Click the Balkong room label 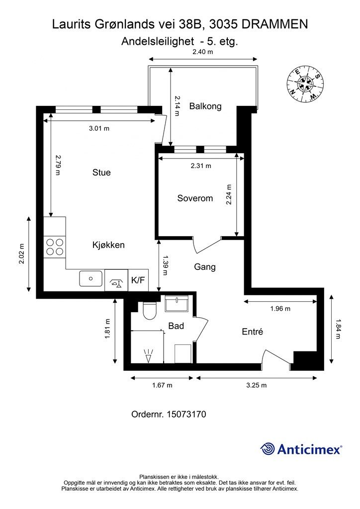205,106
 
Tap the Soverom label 195,198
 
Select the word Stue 101,172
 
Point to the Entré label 252,332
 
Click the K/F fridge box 138,280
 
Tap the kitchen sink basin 91,278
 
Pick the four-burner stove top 55,247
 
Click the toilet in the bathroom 150,311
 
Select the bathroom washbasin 176,304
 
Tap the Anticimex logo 301,449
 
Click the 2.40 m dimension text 202,52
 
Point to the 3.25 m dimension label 257,385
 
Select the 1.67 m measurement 162,385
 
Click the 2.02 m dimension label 21,254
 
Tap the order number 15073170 186,414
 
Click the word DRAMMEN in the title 274,24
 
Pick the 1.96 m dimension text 280,308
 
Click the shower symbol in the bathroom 148,356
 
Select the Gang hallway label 204,267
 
